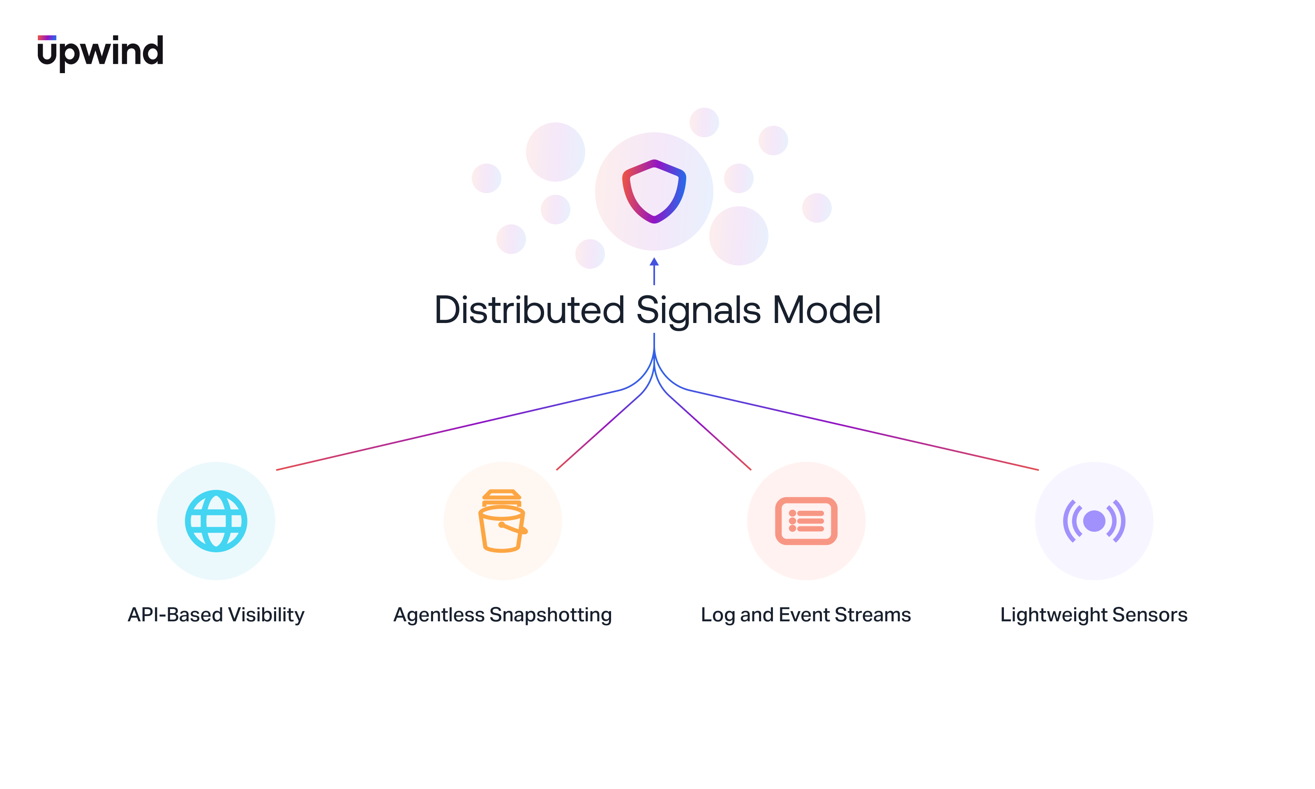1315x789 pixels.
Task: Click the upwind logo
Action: pos(100,52)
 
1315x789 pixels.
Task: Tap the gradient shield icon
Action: pos(654,191)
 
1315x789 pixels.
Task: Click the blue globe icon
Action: pos(216,521)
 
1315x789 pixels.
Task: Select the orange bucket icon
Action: pos(502,521)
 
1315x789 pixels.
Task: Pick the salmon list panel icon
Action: pos(806,521)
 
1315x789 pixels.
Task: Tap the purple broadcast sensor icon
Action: pos(1094,521)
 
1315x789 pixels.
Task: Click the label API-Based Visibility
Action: pos(216,615)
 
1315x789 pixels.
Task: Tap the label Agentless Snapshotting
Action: pos(502,615)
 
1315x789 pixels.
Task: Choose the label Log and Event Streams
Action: pos(806,615)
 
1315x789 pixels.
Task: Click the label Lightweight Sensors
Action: pos(1094,615)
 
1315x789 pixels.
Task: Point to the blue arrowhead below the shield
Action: pos(654,262)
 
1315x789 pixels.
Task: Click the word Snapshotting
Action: pos(551,615)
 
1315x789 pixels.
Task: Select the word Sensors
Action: pos(1150,615)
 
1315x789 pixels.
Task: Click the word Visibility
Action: pos(266,615)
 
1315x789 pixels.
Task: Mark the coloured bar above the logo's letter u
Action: pos(47,38)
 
